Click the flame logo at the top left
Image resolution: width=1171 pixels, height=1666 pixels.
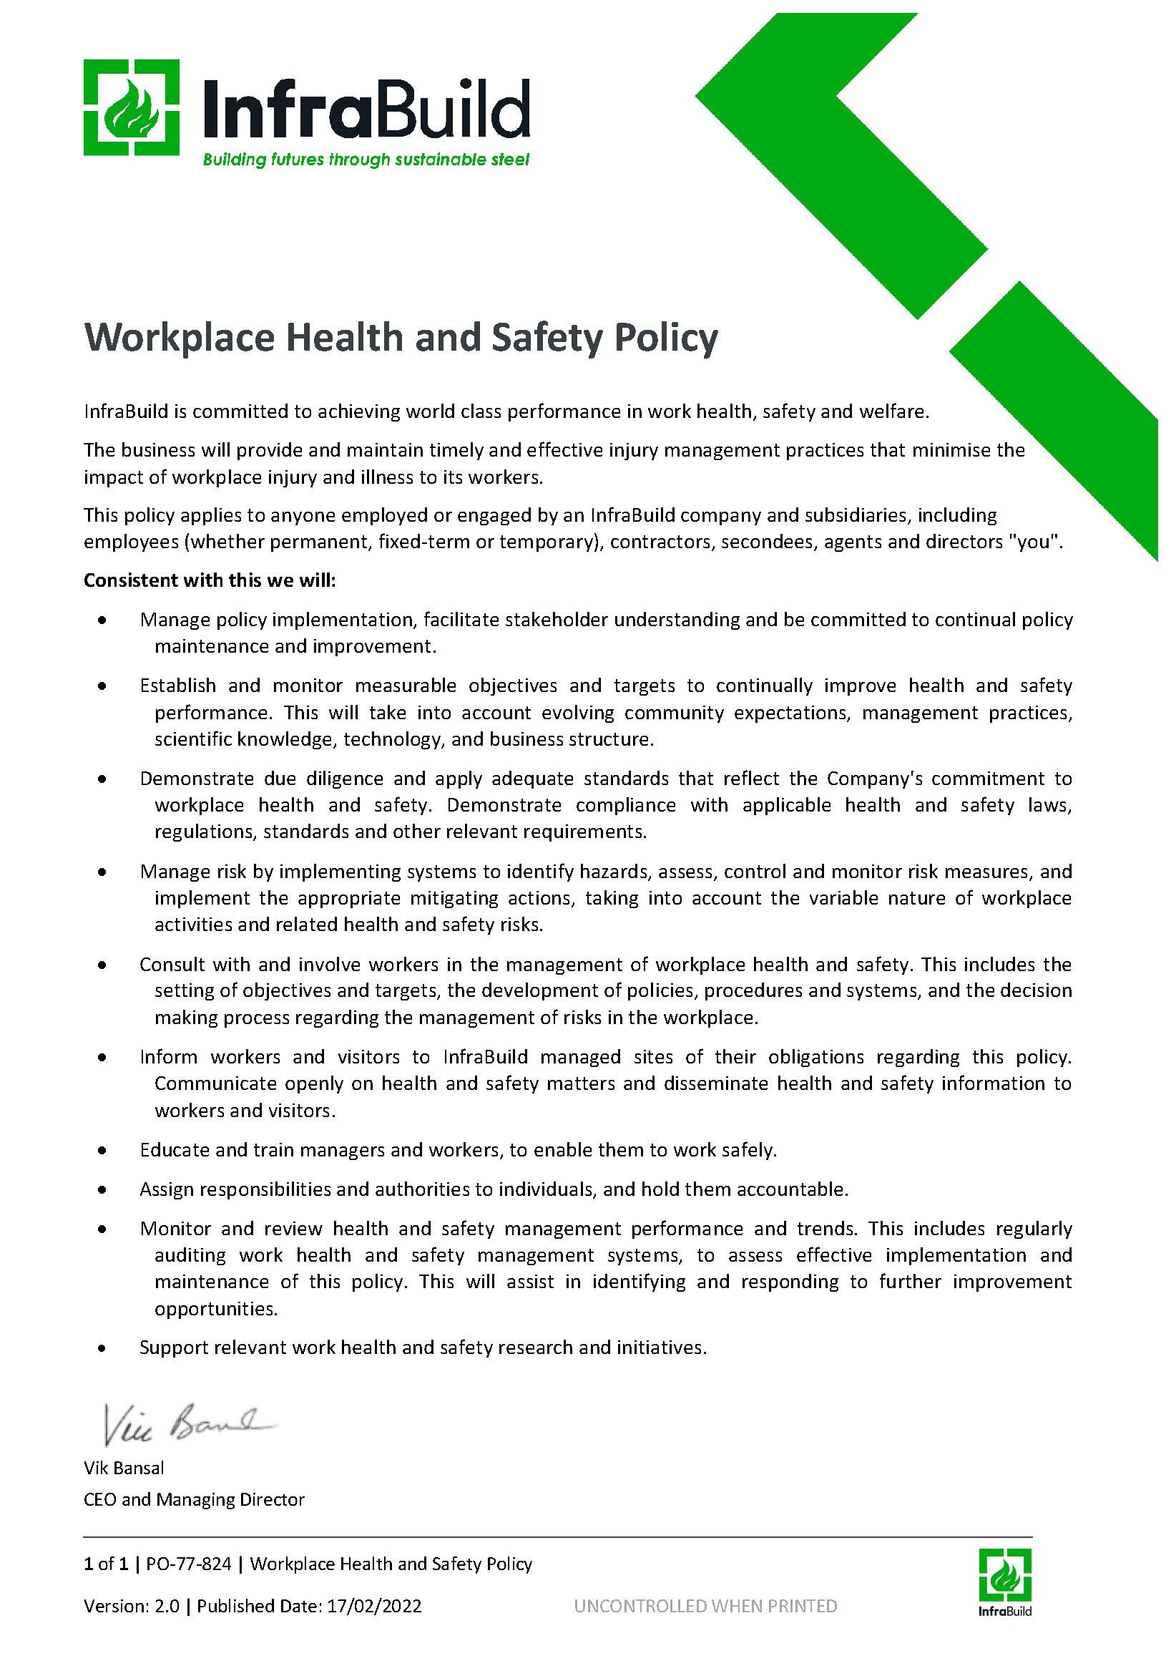[132, 107]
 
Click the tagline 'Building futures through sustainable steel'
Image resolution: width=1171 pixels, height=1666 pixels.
[366, 160]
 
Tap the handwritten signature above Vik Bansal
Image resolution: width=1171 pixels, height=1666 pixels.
[186, 1425]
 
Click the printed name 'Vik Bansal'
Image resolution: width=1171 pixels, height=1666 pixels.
[124, 1468]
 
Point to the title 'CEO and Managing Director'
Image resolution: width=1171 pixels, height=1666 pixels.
[195, 1499]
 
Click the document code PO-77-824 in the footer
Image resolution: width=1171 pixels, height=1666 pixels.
[189, 1564]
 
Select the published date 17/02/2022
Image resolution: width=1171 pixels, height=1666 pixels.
[374, 1606]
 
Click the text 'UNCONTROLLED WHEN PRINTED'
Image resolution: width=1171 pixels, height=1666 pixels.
[705, 1606]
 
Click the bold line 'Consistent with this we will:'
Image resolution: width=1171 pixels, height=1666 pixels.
[210, 580]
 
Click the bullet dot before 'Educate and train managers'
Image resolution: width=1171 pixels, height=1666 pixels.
[103, 1150]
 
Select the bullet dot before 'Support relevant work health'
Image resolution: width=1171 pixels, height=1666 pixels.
[103, 1348]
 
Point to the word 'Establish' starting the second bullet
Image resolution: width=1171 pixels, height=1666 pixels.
[177, 686]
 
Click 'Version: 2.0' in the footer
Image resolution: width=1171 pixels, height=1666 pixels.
[132, 1606]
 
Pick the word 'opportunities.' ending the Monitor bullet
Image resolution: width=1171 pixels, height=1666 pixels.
[216, 1309]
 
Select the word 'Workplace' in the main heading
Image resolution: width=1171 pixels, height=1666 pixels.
[180, 338]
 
